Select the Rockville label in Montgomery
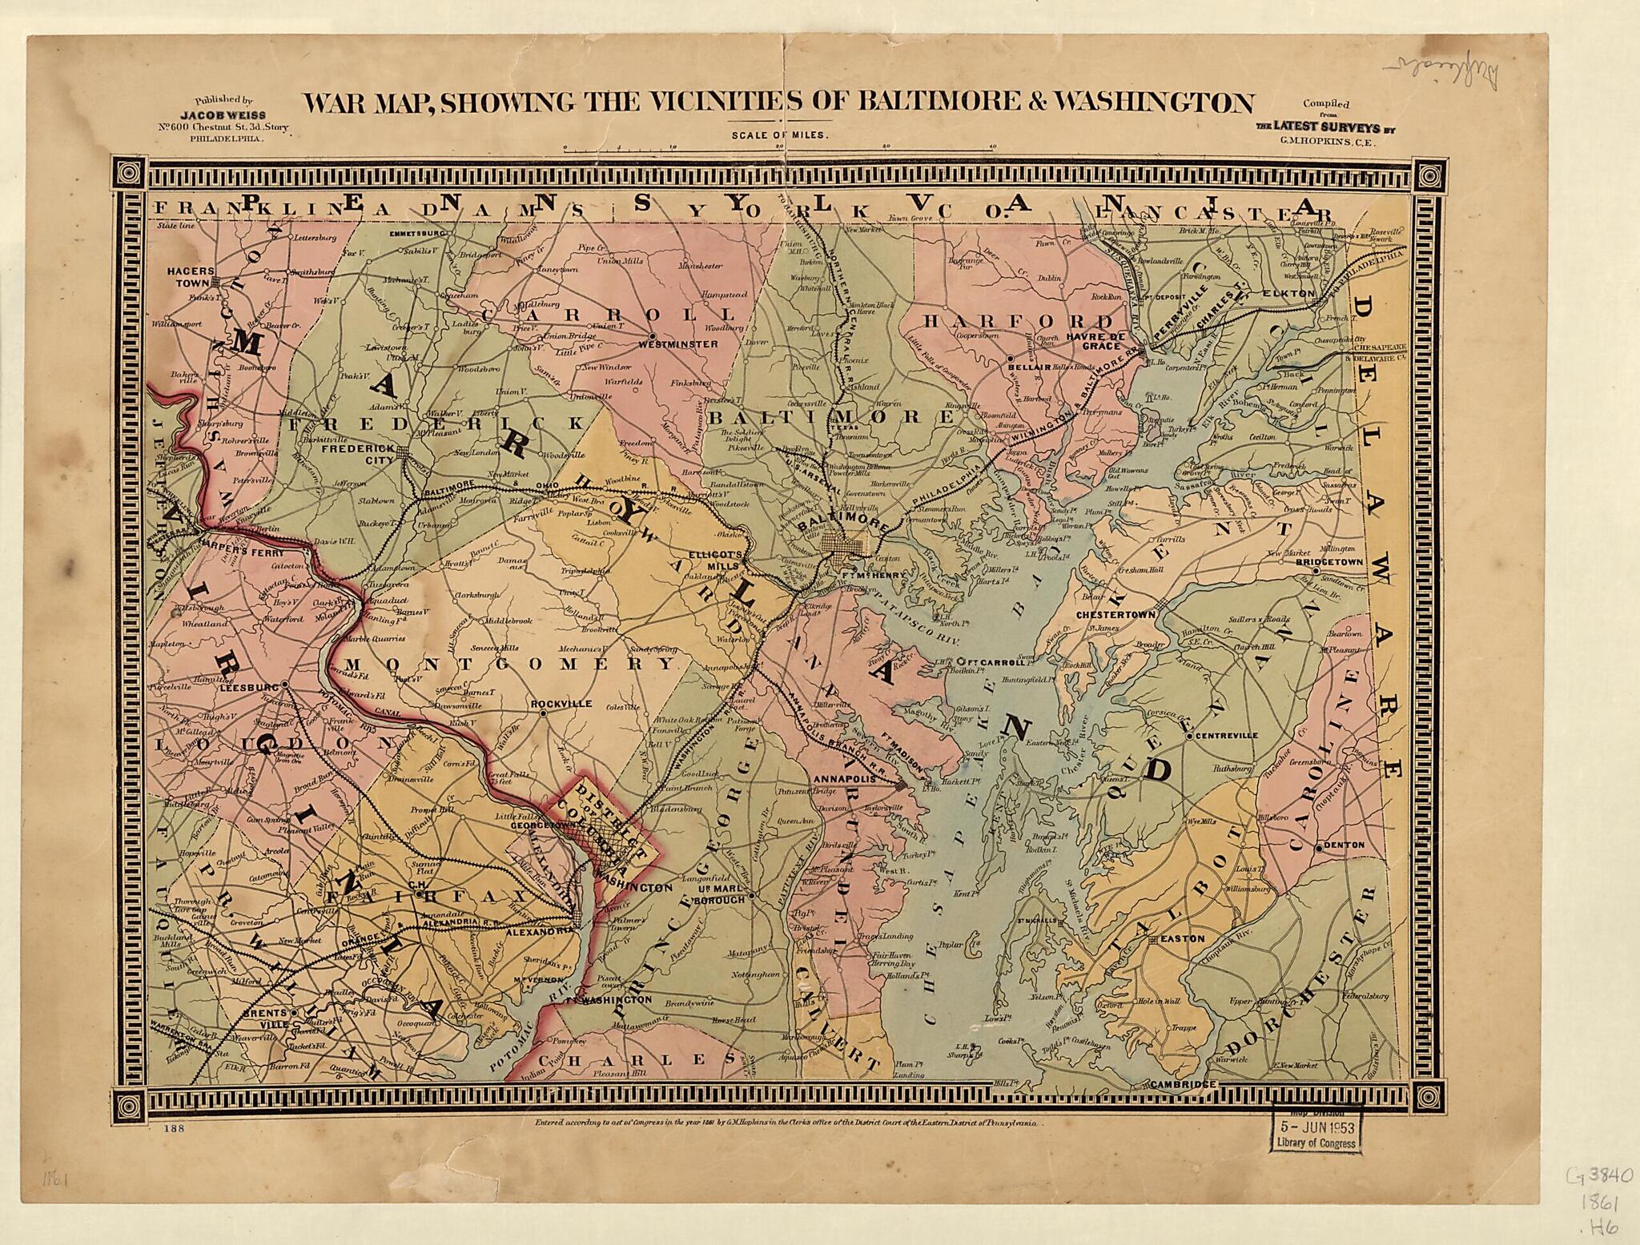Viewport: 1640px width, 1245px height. coord(561,704)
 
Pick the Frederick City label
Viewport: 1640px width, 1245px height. coord(358,455)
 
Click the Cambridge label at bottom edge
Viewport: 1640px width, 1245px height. coord(1183,1084)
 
